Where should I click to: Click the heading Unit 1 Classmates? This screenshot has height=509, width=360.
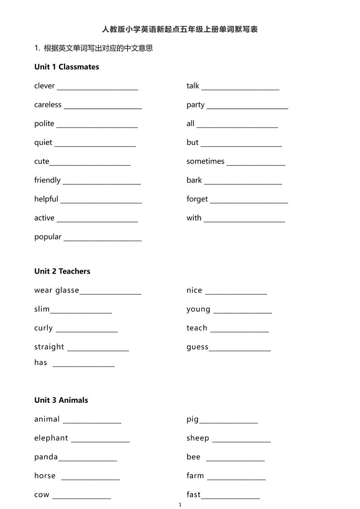point(66,67)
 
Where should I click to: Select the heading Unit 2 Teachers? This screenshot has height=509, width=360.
point(62,271)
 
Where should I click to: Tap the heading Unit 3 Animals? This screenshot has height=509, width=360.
point(61,400)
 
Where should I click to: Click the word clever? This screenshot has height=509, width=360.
point(44,86)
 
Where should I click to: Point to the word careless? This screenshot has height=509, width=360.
point(48,105)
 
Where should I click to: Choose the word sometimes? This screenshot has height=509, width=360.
point(205,162)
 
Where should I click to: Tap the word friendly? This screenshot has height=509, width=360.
point(47,180)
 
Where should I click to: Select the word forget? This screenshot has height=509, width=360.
point(197,199)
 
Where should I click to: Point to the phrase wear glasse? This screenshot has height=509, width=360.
point(57,290)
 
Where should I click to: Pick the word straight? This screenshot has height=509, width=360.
point(49,347)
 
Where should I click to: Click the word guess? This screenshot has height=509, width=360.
point(197,347)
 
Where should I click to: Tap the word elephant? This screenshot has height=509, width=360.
point(51,438)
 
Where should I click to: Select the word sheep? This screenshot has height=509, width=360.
point(198,438)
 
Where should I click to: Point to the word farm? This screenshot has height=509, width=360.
point(195,476)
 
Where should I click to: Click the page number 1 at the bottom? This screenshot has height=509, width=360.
point(180,504)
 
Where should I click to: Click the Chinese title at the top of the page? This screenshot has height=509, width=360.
point(180,29)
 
